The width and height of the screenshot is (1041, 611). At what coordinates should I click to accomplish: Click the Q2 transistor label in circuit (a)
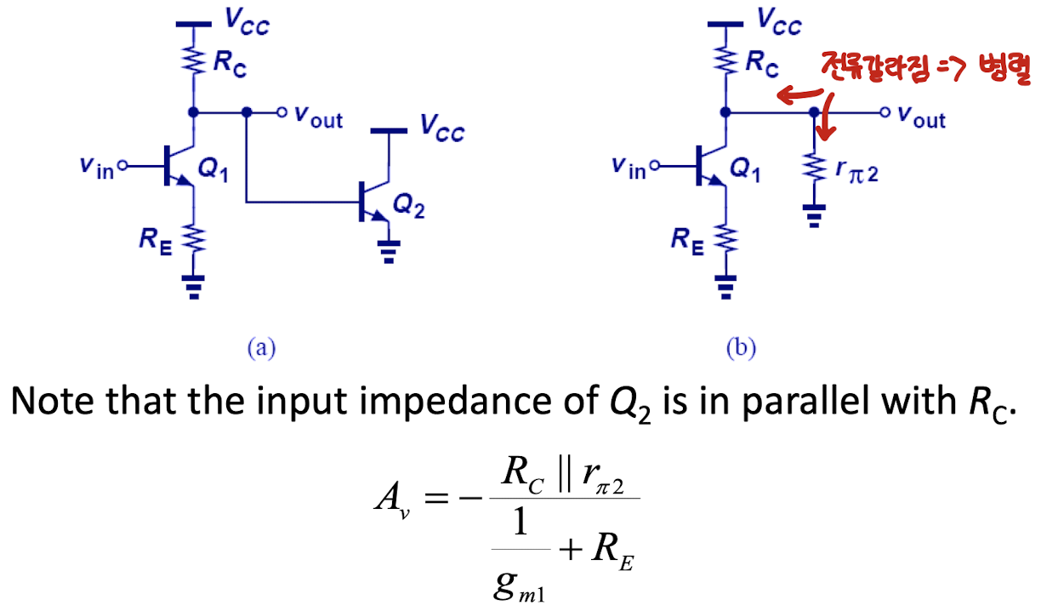[408, 208]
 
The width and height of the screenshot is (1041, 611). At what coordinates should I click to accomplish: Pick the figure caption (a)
[260, 346]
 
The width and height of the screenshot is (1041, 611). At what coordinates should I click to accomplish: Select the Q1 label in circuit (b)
[747, 170]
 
